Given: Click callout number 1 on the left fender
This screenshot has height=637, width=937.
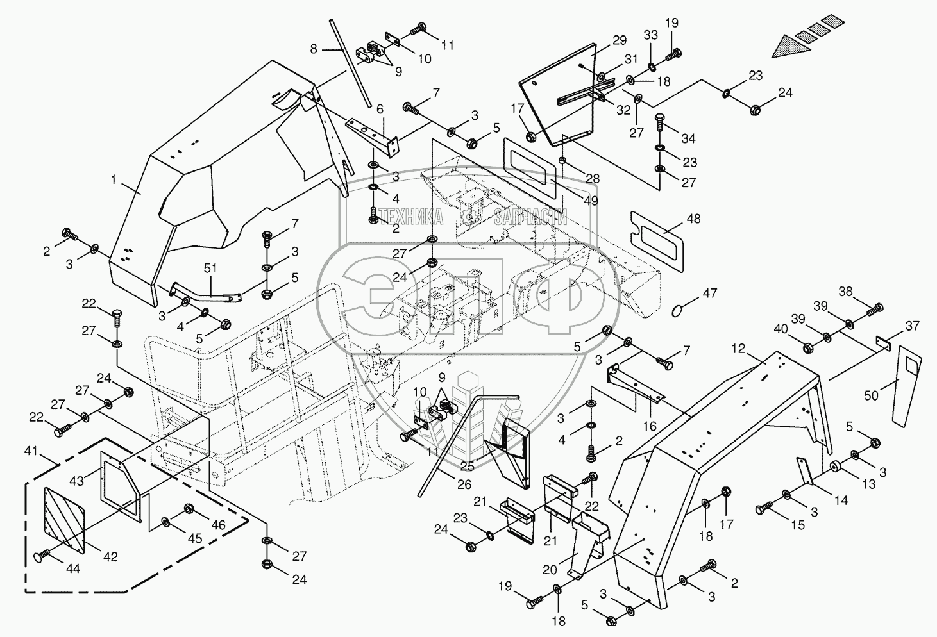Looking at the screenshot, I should (x=114, y=181).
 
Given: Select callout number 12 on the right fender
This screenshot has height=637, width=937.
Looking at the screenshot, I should (x=738, y=349).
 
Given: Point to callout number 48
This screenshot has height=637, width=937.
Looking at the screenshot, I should (x=693, y=219).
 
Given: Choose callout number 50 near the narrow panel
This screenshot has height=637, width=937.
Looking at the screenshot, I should (x=871, y=396).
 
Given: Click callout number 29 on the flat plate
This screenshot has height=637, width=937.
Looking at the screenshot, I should (x=619, y=40).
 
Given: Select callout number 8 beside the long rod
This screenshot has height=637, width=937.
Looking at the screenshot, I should (x=313, y=49).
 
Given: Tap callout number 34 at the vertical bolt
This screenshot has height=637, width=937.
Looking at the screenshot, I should (x=688, y=138).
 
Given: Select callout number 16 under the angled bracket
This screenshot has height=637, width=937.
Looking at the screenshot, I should (x=650, y=426).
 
